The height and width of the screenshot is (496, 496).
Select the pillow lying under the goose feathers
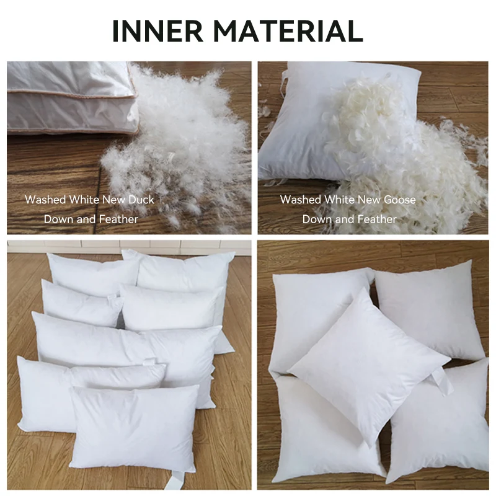[298, 130]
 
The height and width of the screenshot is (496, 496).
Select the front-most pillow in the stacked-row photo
[133, 428]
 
